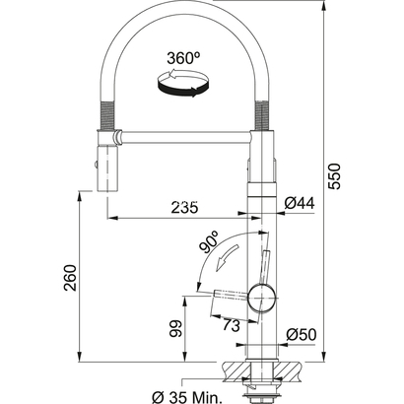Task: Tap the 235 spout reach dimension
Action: pos(183,208)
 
